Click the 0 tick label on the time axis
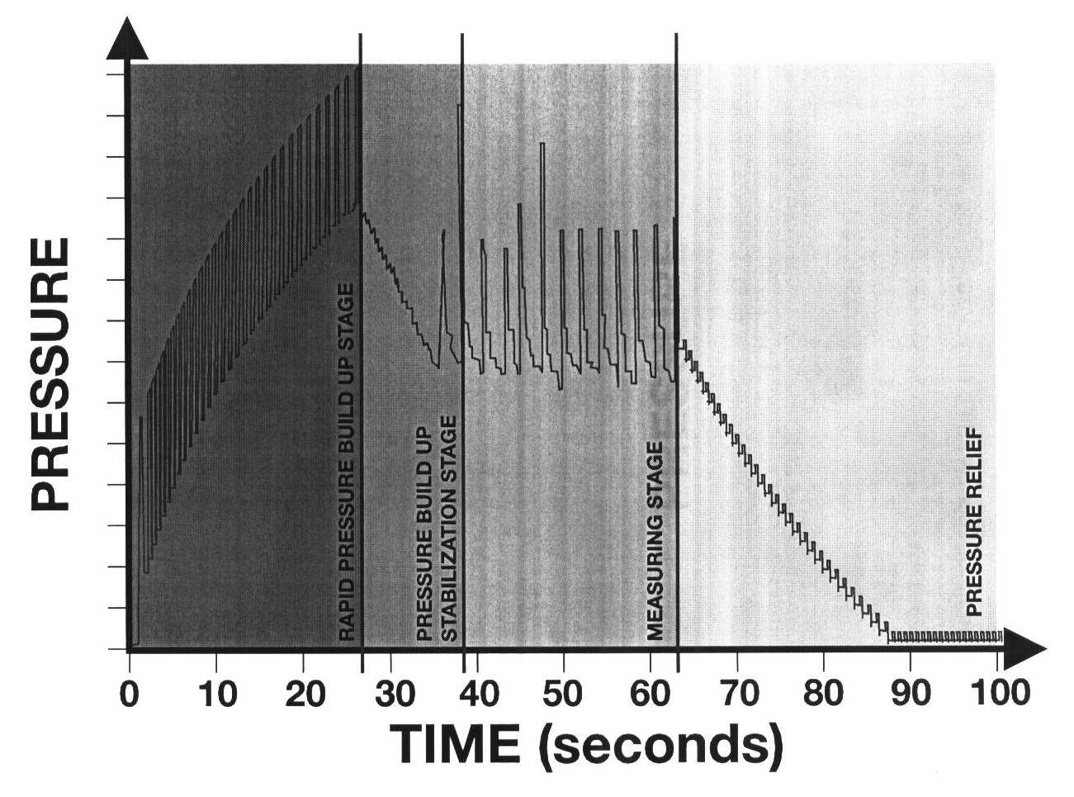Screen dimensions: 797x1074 coord(129,691)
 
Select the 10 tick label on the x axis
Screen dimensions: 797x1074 coord(215,691)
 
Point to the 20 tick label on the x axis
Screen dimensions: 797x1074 coord(303,691)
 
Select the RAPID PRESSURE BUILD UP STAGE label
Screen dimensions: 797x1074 coord(348,463)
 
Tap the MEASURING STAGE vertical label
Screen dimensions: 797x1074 coord(655,541)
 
